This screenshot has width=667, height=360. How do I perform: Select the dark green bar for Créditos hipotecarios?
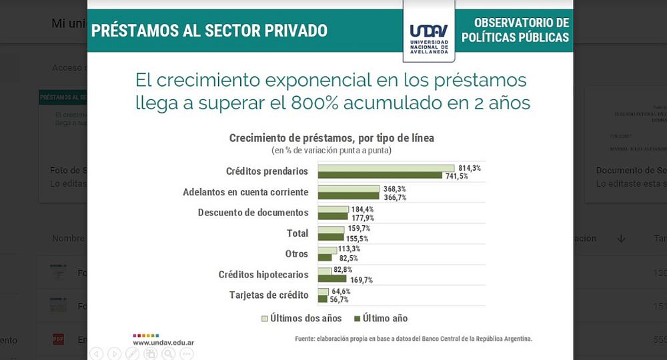click(x=333, y=279)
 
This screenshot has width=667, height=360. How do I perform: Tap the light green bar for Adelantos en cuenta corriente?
click(x=348, y=189)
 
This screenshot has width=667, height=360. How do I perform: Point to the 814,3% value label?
click(x=469, y=168)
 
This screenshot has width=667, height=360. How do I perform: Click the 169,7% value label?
click(x=362, y=280)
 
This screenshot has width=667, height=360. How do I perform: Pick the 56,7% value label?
click(x=339, y=299)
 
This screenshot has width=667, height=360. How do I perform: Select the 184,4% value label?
click(x=363, y=209)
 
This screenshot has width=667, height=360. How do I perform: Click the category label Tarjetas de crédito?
click(x=269, y=295)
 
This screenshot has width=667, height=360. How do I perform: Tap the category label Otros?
click(x=297, y=253)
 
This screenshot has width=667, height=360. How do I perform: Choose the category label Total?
click(x=297, y=233)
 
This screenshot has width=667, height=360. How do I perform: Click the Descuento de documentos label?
click(x=253, y=213)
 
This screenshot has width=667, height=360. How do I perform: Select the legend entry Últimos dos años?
click(x=301, y=318)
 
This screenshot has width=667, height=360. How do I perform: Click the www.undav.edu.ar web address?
click(x=163, y=342)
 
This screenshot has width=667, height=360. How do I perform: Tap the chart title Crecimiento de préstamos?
click(x=331, y=138)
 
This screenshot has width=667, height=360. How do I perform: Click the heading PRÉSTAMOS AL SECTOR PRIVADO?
click(x=209, y=31)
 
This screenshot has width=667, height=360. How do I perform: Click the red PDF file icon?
click(x=59, y=339)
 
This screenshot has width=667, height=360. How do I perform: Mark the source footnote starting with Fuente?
click(x=414, y=339)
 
